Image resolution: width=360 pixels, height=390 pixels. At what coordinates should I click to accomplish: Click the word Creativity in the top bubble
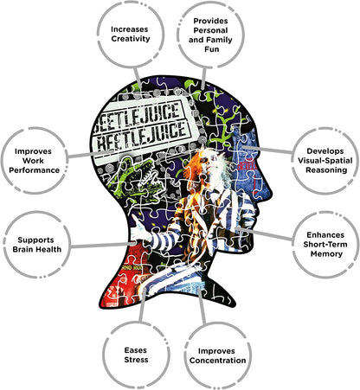tap(131, 39)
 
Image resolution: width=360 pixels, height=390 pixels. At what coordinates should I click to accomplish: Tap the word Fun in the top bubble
tap(212, 49)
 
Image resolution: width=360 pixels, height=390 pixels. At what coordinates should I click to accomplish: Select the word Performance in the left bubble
tap(35, 170)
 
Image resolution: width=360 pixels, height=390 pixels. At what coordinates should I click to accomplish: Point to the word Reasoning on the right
tap(326, 170)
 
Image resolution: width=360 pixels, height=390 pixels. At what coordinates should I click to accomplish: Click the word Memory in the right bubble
tap(326, 254)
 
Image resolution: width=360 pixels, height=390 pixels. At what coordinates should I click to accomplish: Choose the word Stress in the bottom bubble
tap(136, 360)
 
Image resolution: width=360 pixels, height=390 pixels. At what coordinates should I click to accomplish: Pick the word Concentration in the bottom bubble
tap(218, 361)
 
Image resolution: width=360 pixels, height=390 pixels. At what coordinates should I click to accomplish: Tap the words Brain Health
tap(37, 249)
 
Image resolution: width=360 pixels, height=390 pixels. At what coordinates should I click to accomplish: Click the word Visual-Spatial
tap(325, 161)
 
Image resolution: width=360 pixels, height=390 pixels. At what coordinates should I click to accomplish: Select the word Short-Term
tap(325, 245)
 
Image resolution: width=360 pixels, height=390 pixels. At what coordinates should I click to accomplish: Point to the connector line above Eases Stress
tap(142, 304)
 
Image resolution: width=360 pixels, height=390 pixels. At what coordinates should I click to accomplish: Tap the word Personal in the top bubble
tap(210, 30)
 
